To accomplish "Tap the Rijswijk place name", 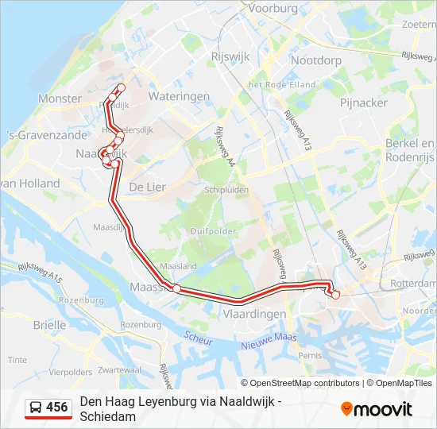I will tap(231, 56).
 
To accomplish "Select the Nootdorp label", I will tap(316, 60).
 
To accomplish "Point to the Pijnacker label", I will tap(364, 102).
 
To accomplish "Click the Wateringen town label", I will tap(179, 96).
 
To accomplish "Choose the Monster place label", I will tap(60, 99).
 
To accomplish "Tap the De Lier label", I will tap(146, 186).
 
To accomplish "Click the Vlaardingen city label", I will tap(256, 314).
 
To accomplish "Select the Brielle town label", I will tap(50, 324).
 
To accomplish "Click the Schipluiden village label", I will tap(226, 191).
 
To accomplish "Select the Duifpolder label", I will tap(211, 231).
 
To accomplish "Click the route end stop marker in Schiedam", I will tap(335, 295).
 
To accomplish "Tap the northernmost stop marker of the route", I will tap(121, 87).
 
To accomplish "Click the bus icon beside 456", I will tap(37, 408).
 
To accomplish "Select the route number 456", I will tap(57, 408).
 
